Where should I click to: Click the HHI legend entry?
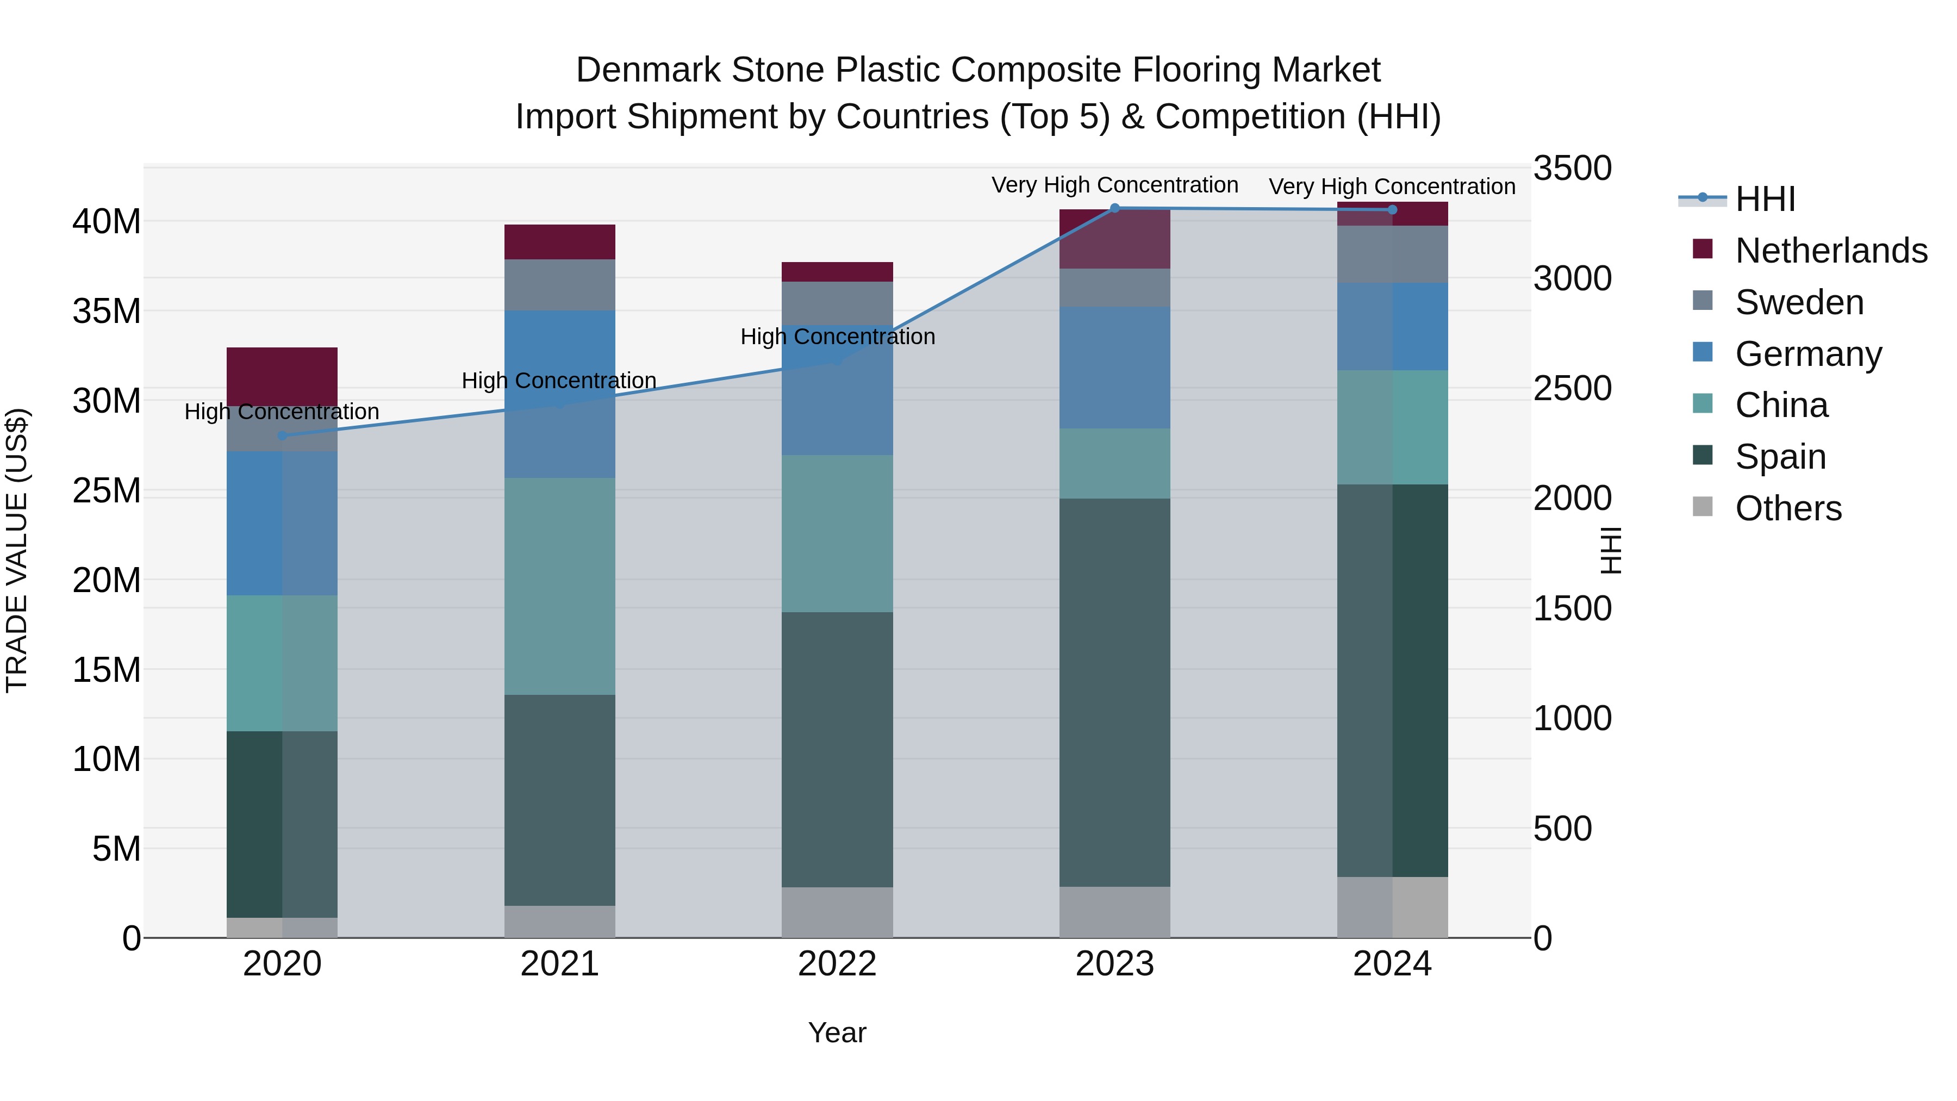(1764, 199)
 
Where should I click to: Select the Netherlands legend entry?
(1831, 251)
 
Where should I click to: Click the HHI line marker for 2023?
(1114, 208)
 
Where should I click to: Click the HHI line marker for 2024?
(1392, 210)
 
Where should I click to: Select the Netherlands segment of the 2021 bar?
(559, 241)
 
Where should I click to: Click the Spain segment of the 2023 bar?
(1114, 692)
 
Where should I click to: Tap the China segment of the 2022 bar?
(837, 533)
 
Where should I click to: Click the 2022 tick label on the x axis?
(837, 964)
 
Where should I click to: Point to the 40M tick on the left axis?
(107, 222)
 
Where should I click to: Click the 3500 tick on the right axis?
(1571, 168)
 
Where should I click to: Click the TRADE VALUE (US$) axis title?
(17, 550)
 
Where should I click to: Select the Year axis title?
(837, 1032)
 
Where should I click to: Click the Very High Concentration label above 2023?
(1114, 185)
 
